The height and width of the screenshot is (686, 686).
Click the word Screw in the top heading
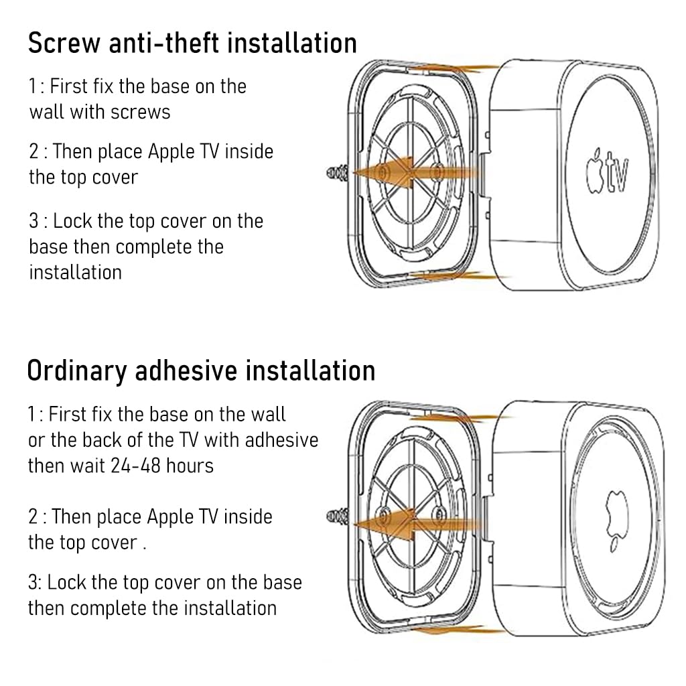coord(64,43)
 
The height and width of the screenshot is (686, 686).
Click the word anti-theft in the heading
coord(164,43)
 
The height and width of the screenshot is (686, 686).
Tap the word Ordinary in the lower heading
coord(76,371)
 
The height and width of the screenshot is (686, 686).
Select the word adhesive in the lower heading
coord(186,370)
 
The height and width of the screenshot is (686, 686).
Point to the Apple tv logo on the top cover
coord(608,171)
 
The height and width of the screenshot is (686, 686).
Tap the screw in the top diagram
coord(338,173)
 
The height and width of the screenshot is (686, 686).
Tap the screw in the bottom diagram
coord(338,517)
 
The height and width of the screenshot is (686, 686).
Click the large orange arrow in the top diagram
coord(415,173)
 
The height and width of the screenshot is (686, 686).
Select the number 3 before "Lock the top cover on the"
coord(34,221)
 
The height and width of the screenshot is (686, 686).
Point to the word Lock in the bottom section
coord(66,583)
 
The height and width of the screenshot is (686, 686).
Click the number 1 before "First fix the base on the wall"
coord(31,414)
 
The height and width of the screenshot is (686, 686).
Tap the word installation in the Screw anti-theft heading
coord(292,43)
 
